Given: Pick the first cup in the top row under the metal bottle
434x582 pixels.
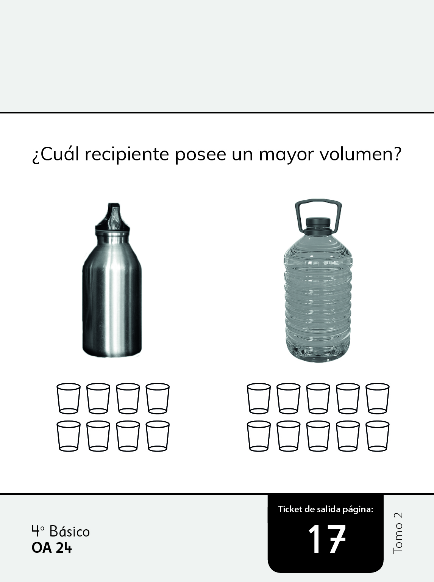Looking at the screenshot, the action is click(x=69, y=398).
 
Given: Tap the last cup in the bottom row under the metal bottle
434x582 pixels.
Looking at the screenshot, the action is click(x=158, y=436).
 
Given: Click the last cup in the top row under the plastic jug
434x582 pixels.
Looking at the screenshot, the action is click(x=378, y=398).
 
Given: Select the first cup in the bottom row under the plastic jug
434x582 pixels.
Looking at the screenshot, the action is click(x=259, y=436).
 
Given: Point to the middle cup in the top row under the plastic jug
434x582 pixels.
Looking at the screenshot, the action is click(x=318, y=398).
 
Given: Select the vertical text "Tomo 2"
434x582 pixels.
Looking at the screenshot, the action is click(x=398, y=533).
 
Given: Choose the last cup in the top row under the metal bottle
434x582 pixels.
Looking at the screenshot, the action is click(x=158, y=398).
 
